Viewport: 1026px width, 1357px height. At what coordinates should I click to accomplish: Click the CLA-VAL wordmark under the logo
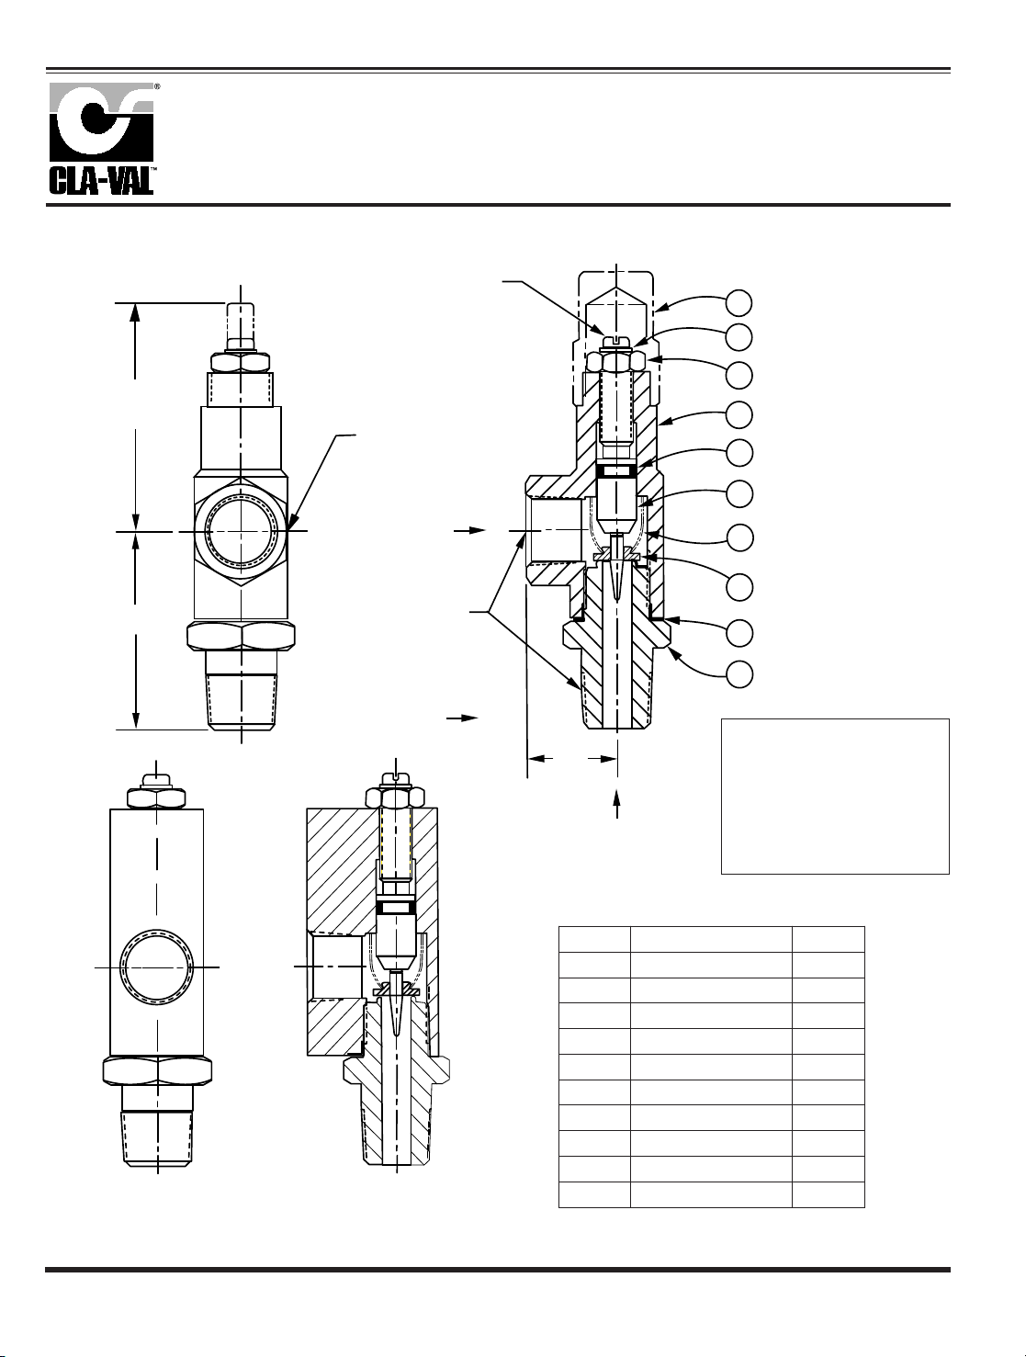pyautogui.click(x=101, y=179)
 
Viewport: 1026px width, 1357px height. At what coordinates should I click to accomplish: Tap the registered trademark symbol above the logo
pyautogui.click(x=157, y=85)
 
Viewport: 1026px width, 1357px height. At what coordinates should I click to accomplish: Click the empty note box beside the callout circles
pyautogui.click(x=834, y=796)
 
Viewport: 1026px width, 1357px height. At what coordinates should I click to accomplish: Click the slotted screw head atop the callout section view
pyautogui.click(x=615, y=343)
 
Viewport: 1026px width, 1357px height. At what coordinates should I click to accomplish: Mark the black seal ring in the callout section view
pyautogui.click(x=615, y=470)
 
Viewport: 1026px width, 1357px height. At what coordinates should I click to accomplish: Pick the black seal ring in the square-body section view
pyautogui.click(x=396, y=907)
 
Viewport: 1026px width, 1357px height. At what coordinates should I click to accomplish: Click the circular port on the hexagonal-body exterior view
pyautogui.click(x=241, y=530)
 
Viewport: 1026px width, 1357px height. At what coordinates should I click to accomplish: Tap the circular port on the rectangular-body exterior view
pyautogui.click(x=158, y=967)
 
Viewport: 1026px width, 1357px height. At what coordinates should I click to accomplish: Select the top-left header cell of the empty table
pyautogui.click(x=594, y=939)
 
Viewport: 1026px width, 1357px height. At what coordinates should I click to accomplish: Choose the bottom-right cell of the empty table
pyautogui.click(x=829, y=1194)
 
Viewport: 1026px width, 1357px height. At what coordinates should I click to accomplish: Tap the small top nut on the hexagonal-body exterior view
pyautogui.click(x=241, y=361)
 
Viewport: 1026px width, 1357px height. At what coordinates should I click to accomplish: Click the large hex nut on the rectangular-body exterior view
pyautogui.click(x=157, y=1070)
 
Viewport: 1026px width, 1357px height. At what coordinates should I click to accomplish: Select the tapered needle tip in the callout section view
pyautogui.click(x=616, y=574)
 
